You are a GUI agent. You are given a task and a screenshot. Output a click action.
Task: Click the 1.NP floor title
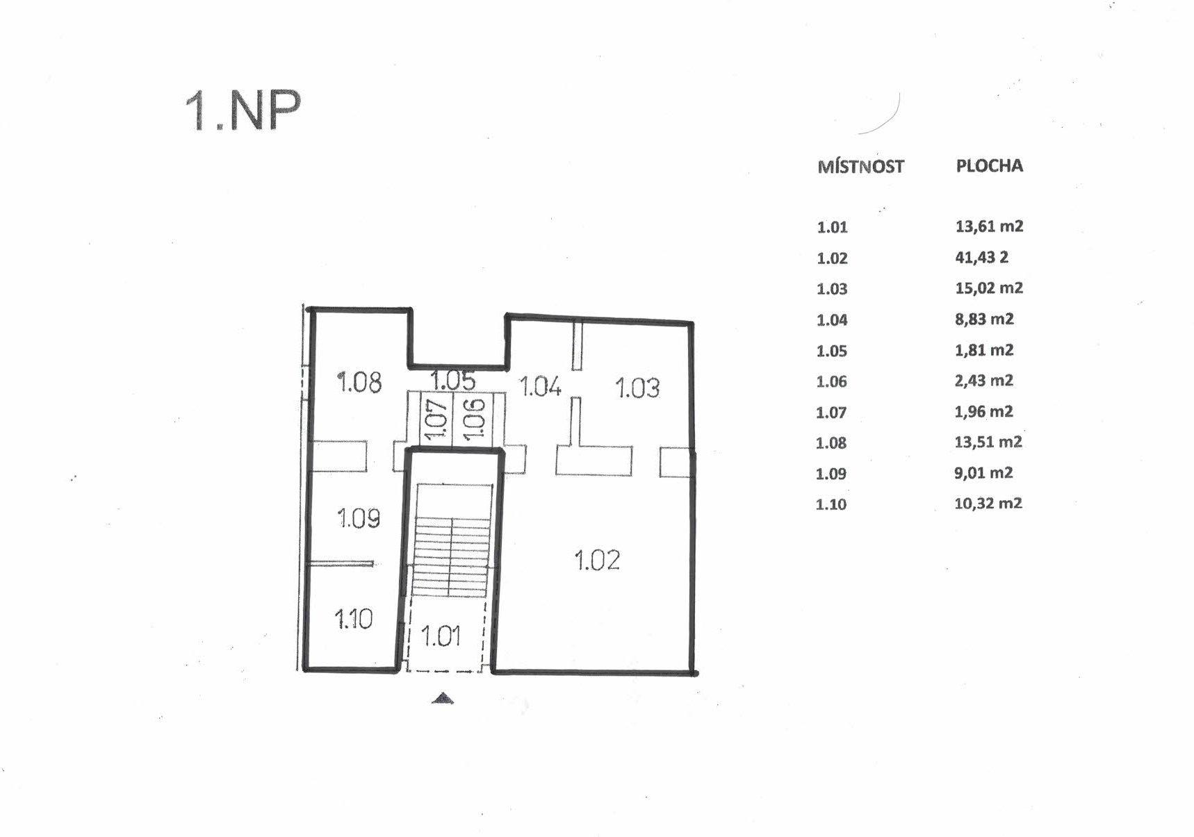[x=243, y=111]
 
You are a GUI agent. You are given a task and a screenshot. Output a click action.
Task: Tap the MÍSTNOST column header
[x=860, y=167]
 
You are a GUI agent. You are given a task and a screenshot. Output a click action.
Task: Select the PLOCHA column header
[x=989, y=166]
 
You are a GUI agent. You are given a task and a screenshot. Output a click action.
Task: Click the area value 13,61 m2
[x=989, y=226]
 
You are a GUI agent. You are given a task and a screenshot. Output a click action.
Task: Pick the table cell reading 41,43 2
[x=981, y=257]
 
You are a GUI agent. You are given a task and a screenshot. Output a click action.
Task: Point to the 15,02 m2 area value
[x=989, y=288]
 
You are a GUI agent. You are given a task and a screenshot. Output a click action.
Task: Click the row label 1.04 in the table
[x=832, y=320]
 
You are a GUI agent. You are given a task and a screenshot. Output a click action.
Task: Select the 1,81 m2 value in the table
[x=984, y=349]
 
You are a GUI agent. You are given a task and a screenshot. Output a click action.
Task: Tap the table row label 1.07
[x=831, y=413]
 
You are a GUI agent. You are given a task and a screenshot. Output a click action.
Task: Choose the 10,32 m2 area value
[x=988, y=503]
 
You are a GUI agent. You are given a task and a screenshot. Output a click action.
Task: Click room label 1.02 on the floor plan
[x=597, y=560]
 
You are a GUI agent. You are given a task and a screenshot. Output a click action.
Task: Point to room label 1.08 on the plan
[x=359, y=382]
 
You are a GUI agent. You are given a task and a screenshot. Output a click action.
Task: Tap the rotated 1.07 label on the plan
[x=434, y=420]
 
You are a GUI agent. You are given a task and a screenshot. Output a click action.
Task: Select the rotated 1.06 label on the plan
[x=473, y=419]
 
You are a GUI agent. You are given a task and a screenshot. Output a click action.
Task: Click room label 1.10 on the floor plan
[x=353, y=619]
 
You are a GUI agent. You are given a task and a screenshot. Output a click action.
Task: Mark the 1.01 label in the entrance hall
[x=441, y=636]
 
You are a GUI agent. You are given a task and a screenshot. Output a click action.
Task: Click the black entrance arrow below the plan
[x=443, y=698]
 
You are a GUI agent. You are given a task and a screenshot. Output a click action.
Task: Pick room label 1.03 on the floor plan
[x=637, y=388]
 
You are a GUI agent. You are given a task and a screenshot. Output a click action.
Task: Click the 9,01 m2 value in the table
[x=983, y=472]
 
